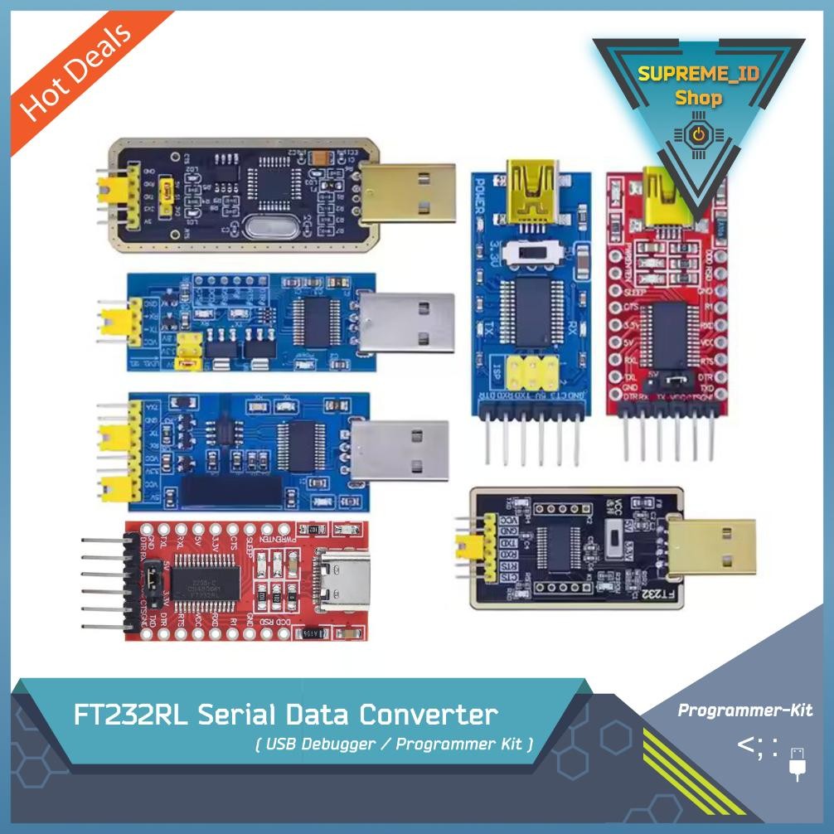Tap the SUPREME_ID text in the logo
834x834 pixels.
click(x=698, y=74)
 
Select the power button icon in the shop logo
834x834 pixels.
click(x=698, y=133)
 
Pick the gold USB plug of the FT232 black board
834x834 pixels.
click(x=712, y=548)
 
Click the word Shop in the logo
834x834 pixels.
click(x=698, y=98)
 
